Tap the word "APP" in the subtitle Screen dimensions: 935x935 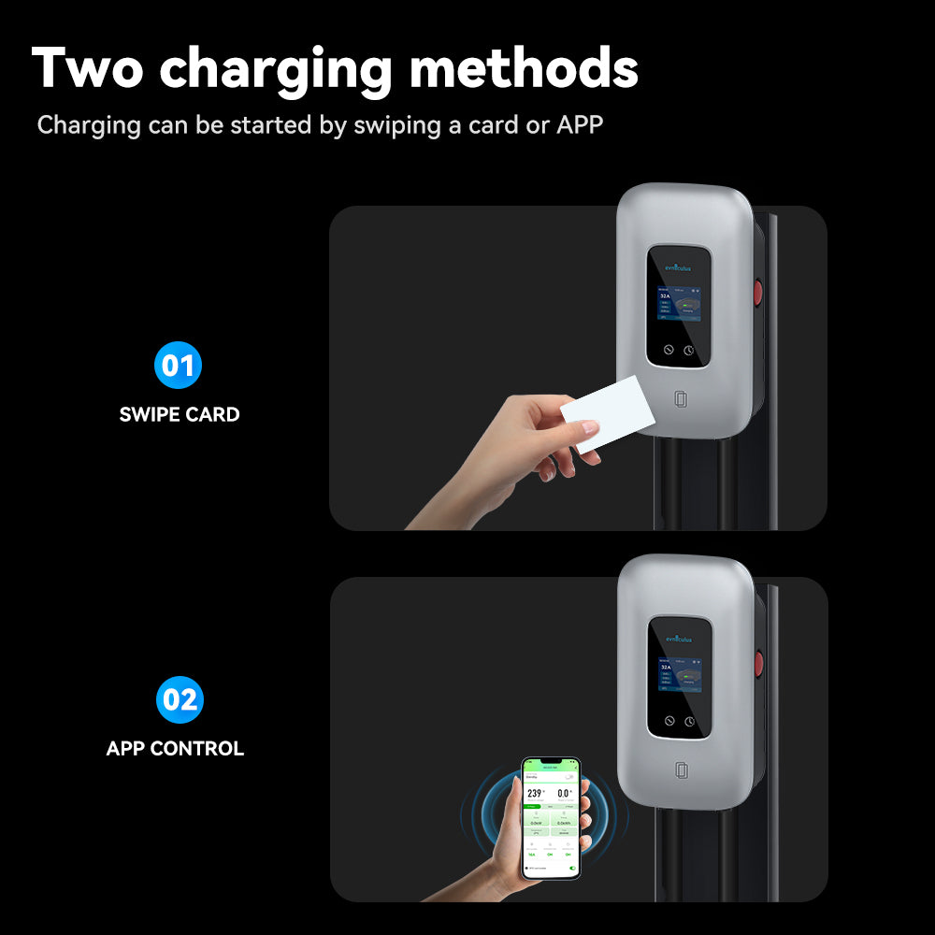click(580, 125)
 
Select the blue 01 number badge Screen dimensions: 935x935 click(178, 365)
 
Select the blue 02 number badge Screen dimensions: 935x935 click(180, 699)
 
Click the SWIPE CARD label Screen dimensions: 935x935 click(180, 414)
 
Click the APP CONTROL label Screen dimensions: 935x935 click(175, 749)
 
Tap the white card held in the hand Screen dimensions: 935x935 click(607, 413)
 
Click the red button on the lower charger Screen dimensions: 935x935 click(758, 665)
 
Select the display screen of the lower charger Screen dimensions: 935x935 click(680, 673)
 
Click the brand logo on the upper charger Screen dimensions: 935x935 click(680, 267)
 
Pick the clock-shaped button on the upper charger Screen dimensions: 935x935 click(689, 351)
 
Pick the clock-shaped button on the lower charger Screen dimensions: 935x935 click(689, 722)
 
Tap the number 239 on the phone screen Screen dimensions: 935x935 click(535, 793)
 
